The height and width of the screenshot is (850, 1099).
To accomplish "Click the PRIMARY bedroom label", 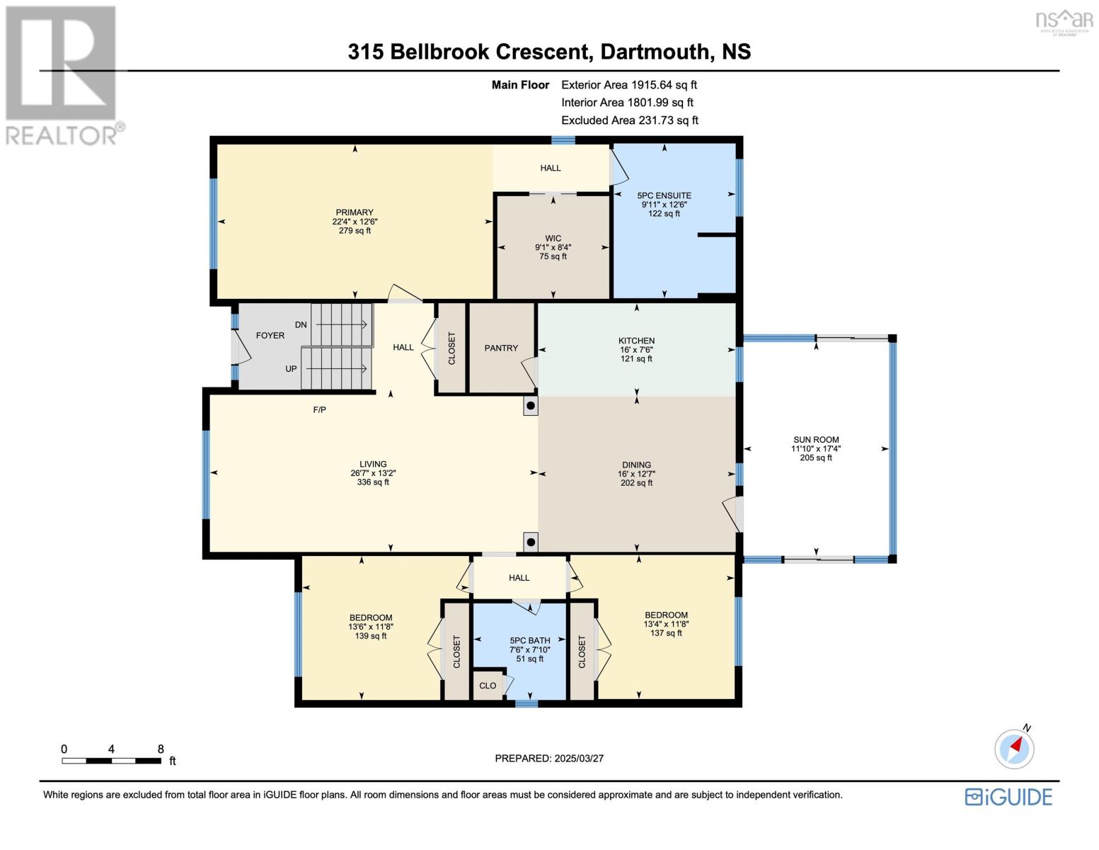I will [355, 212].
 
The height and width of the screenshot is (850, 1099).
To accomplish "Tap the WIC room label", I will [553, 239].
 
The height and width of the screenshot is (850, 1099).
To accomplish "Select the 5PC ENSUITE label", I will [664, 195].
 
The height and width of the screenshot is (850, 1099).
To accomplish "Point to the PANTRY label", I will [501, 348].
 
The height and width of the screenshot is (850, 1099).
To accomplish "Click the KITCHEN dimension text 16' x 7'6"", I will [636, 350].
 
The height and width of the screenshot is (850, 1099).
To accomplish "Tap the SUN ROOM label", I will [816, 440].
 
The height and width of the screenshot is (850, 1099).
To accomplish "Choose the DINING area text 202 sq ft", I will [636, 483].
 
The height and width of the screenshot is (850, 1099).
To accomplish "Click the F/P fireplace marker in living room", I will [319, 409].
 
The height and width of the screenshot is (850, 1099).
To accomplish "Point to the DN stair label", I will [301, 325].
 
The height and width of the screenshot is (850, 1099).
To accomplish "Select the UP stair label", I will [291, 369].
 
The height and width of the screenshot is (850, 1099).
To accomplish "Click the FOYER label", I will [270, 336].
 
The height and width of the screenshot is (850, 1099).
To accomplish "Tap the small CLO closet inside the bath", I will [488, 686].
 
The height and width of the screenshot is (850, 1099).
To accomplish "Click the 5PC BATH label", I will [530, 640].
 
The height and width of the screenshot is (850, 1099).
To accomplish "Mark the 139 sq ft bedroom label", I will [370, 636].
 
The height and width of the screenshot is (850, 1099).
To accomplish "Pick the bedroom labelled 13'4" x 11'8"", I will [666, 624].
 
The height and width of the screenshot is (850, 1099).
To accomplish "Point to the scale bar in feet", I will [111, 761].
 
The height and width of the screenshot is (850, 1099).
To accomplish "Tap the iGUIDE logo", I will [1008, 797].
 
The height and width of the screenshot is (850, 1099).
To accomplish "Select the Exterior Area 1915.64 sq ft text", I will [629, 85].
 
